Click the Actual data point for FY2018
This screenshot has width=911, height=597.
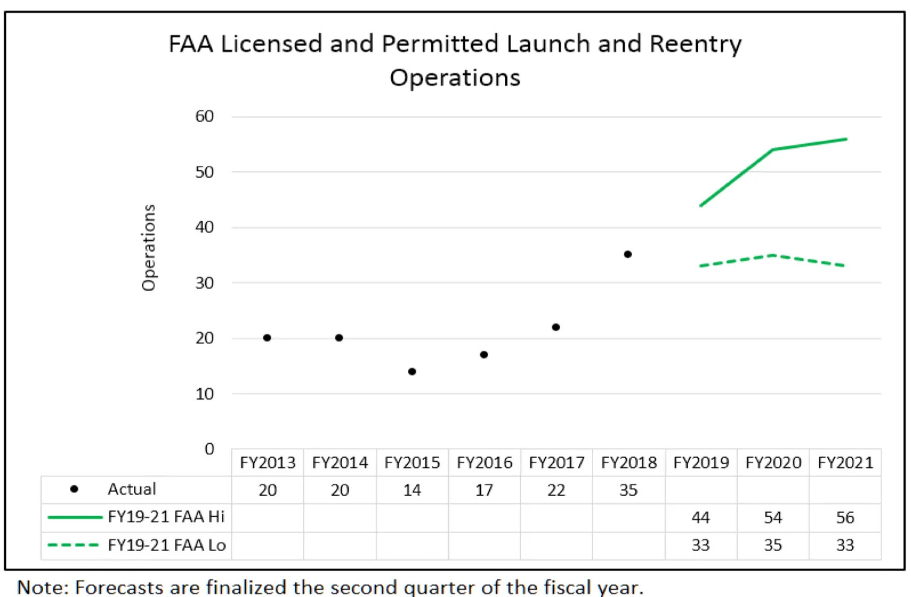coord(627,254)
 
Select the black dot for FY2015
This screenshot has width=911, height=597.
coord(412,371)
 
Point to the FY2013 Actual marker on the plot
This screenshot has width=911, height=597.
coord(267,337)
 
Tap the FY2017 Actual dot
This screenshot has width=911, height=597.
coord(556,327)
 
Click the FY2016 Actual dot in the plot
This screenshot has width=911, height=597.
coord(484,354)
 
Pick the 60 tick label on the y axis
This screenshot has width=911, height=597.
coord(205,117)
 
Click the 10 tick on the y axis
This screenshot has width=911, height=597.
coord(205,394)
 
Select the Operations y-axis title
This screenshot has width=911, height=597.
coord(149,247)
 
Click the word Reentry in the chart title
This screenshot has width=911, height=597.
coord(695,44)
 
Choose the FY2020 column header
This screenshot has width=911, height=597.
coord(773,463)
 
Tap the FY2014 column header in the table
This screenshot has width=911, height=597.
coord(340,463)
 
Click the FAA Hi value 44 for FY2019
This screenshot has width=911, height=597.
coord(700,517)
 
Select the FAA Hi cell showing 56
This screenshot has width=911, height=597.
coord(845,517)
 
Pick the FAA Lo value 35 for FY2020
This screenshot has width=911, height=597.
coord(773,545)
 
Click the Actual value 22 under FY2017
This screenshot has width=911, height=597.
coord(556,490)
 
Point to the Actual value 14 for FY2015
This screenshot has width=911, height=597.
coord(412,490)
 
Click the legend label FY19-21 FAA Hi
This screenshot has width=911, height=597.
coord(166,517)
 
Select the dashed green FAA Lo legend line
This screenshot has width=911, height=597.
coord(73,545)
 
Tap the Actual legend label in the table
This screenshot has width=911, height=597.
coord(132,489)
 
